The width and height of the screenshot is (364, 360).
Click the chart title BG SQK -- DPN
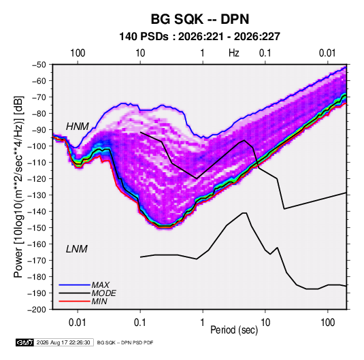tap(200, 19)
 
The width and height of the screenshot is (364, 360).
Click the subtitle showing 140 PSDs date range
tap(199, 37)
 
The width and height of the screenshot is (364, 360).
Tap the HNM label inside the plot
tap(78, 127)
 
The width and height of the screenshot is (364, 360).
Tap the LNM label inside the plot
tap(77, 249)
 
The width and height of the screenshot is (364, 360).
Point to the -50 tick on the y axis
tap(39, 65)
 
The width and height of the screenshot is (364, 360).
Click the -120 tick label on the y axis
tap(37, 179)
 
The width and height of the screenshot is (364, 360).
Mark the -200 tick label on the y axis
tap(37, 310)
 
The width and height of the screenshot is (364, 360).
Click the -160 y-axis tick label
tap(37, 244)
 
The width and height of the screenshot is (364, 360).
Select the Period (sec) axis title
tap(234, 330)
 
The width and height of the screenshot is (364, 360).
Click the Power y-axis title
tap(19, 187)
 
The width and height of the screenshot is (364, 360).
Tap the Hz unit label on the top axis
tap(234, 53)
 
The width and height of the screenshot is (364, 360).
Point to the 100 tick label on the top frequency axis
tap(78, 53)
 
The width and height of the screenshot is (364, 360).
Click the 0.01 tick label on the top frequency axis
tap(327, 53)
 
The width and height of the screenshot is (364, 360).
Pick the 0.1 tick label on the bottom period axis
tap(140, 323)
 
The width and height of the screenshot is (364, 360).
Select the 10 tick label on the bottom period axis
tap(265, 323)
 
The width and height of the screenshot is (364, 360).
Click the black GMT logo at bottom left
tap(25, 342)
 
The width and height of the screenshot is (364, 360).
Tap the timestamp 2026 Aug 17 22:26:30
tap(63, 342)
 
